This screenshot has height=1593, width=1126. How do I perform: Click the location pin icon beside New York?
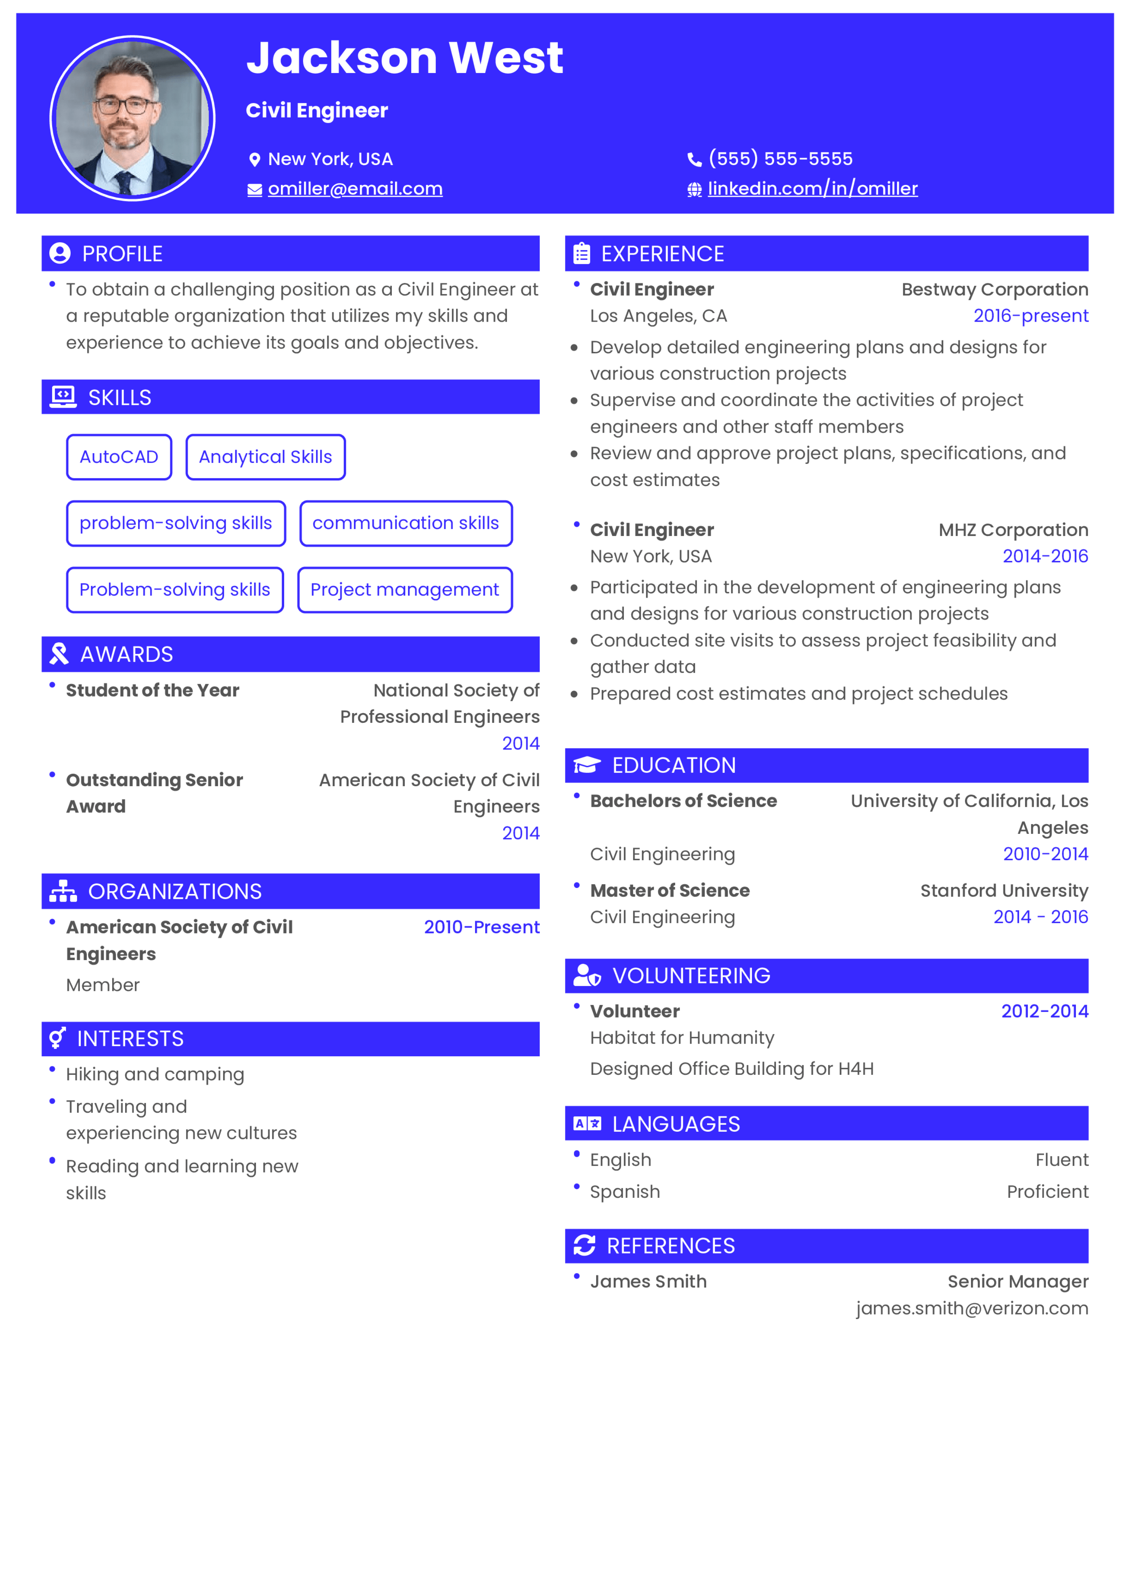click(255, 159)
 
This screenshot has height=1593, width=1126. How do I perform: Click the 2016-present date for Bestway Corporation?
click(1030, 316)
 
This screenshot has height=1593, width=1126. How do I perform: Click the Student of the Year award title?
click(153, 690)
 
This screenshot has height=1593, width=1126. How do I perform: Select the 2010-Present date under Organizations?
click(481, 927)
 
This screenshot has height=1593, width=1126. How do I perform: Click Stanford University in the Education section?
click(1004, 890)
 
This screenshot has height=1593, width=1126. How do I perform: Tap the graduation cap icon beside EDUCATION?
click(587, 765)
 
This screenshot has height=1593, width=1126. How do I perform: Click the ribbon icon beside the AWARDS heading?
click(59, 653)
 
